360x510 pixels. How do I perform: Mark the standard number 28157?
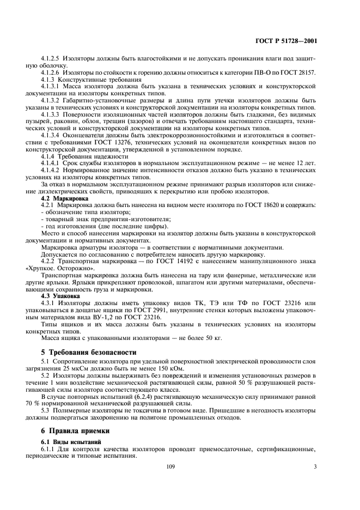(306, 72)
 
